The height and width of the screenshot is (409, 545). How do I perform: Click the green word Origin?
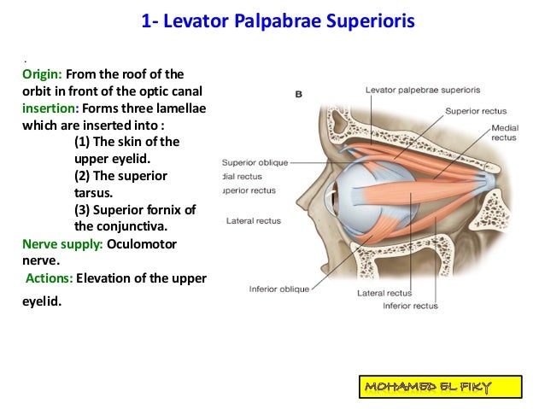(x=43, y=74)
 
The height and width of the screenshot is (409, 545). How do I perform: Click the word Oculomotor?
(x=157, y=243)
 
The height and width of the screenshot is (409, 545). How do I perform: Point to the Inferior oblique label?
(x=279, y=289)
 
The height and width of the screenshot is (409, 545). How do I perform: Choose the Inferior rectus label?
(x=410, y=306)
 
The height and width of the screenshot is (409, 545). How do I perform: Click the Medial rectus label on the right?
(x=504, y=132)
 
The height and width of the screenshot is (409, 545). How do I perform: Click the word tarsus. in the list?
(x=98, y=193)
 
